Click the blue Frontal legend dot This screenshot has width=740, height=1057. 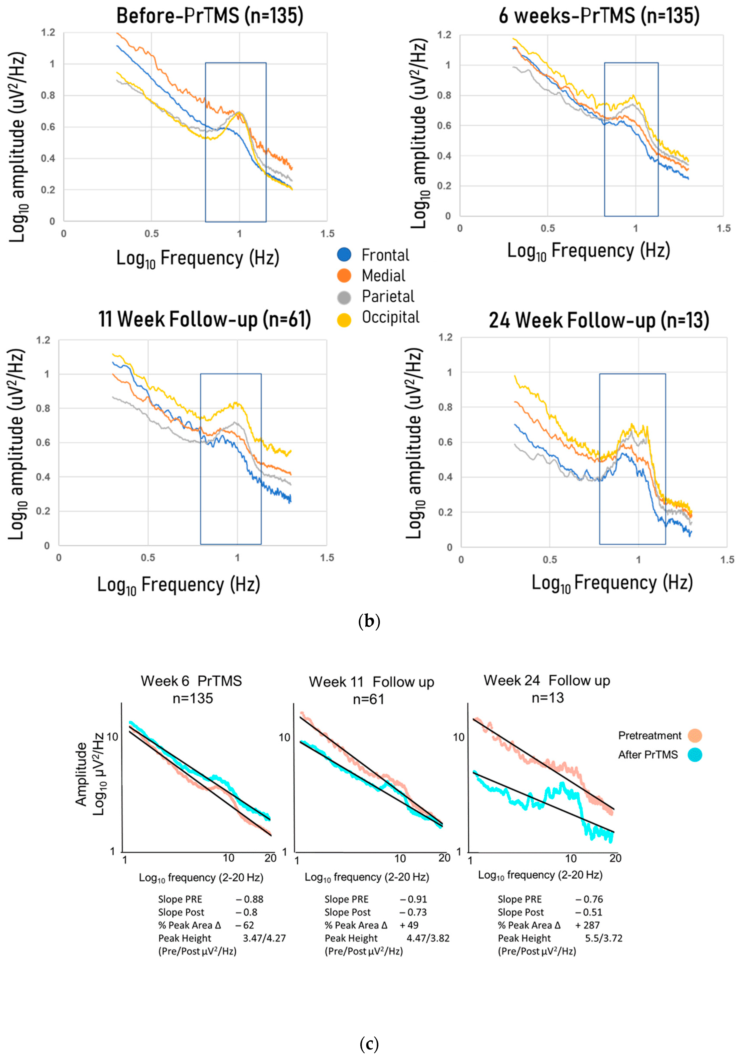344,255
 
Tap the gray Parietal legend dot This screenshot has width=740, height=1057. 344,297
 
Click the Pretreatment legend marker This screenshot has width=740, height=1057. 694,736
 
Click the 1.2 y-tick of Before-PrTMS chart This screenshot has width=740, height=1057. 48,33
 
